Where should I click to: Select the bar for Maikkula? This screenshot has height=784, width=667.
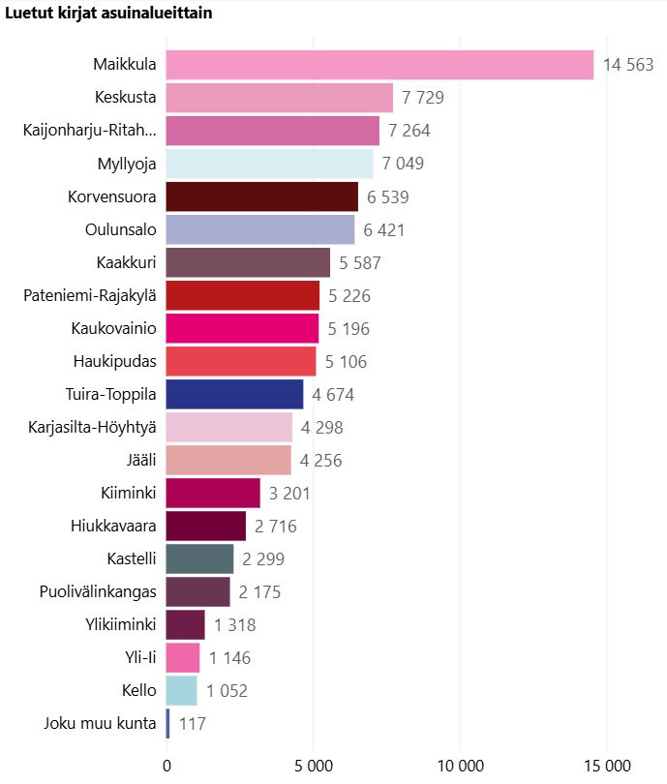pyautogui.click(x=379, y=65)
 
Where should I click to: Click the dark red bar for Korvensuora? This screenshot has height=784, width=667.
pyautogui.click(x=261, y=196)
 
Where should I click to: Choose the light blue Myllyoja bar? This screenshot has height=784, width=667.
pyautogui.click(x=269, y=164)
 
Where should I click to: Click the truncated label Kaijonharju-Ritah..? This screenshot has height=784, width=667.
pyautogui.click(x=89, y=131)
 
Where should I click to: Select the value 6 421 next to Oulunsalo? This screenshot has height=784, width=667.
pyautogui.click(x=384, y=229)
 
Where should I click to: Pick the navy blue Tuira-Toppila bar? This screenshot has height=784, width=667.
pyautogui.click(x=234, y=394)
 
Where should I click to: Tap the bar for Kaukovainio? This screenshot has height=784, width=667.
pyautogui.click(x=242, y=328)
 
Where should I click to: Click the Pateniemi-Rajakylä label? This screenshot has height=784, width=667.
pyautogui.click(x=90, y=295)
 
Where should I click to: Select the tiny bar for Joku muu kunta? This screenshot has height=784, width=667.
pyautogui.click(x=167, y=723)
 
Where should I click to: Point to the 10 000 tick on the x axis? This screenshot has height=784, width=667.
pyautogui.click(x=459, y=765)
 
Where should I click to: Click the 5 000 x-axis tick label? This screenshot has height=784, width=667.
pyautogui.click(x=313, y=765)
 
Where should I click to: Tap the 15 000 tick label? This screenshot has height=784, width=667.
pyautogui.click(x=607, y=765)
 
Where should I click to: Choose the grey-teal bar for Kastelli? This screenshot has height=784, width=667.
pyautogui.click(x=199, y=558)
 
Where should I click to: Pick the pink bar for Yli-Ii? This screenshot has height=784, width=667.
pyautogui.click(x=183, y=657)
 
